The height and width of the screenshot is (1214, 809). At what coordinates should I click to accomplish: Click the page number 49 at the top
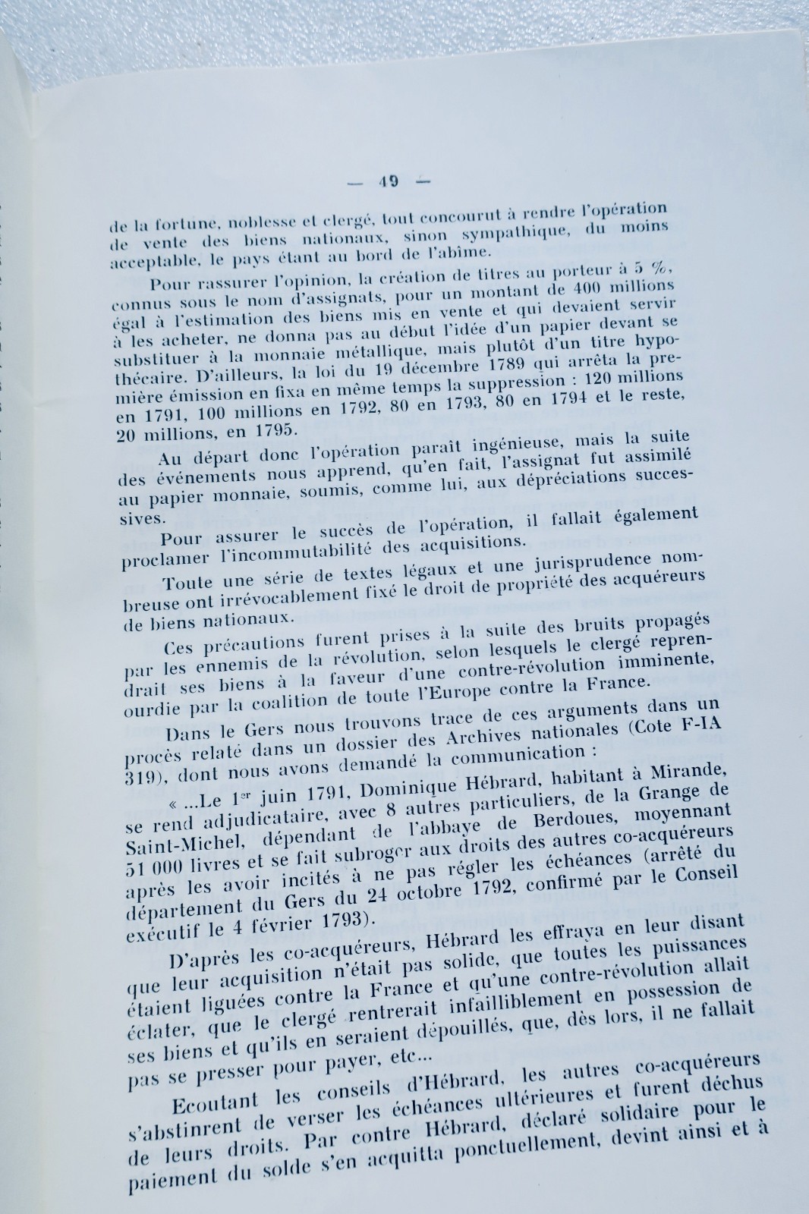389,181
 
